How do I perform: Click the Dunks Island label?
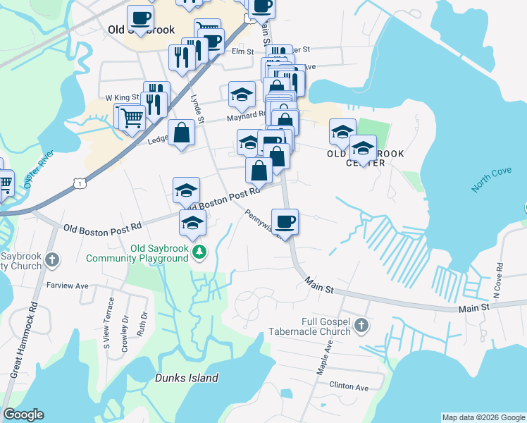pyautogui.click(x=186, y=378)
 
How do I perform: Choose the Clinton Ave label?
pyautogui.click(x=349, y=387)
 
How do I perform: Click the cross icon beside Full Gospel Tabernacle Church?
pyautogui.click(x=361, y=325)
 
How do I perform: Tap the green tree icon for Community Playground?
pyautogui.click(x=200, y=251)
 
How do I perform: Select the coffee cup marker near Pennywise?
pyautogui.click(x=285, y=222)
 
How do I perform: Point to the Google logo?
pyautogui.click(x=23, y=415)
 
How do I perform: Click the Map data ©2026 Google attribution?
pyautogui.click(x=483, y=417)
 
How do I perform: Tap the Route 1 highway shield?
pyautogui.click(x=80, y=183)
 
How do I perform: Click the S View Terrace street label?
pyautogui.click(x=107, y=333)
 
